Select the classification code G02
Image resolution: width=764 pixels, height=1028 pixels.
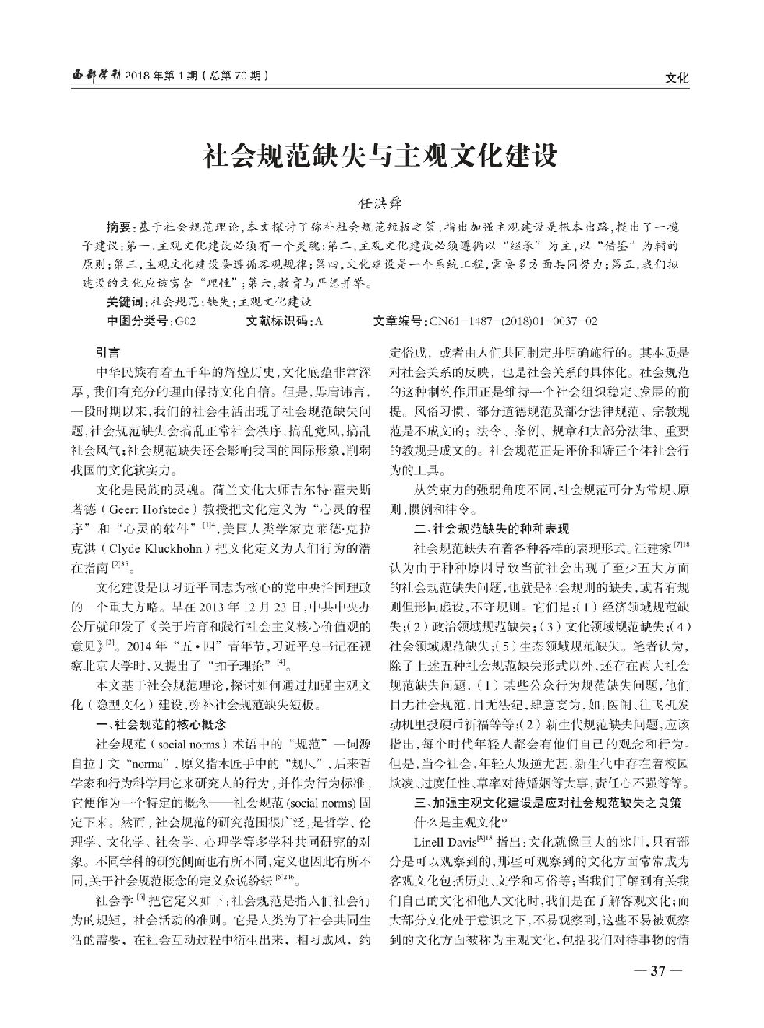coord(185,321)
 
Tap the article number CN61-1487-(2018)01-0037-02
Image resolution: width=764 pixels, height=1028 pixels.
coord(511,321)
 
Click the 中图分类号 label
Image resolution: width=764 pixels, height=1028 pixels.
coord(136,321)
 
